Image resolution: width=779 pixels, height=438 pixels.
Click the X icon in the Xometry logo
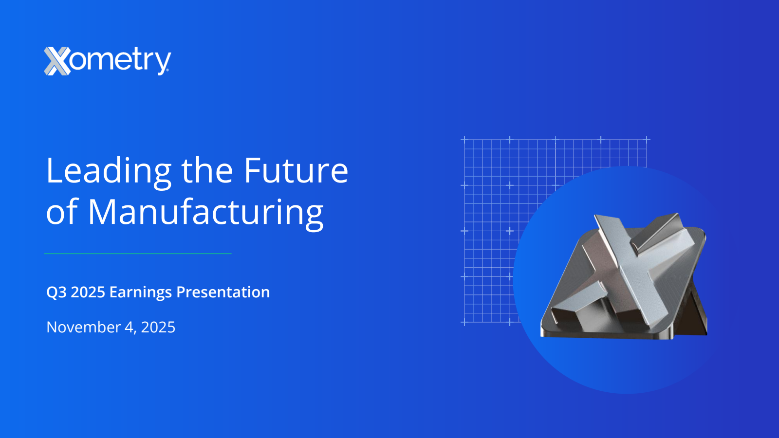tap(57, 61)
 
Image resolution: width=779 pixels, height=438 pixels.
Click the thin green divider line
tap(138, 254)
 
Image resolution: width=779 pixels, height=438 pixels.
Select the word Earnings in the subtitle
tap(141, 292)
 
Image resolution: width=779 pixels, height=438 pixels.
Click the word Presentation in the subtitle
tap(223, 292)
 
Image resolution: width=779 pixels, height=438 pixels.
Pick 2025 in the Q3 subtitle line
tap(88, 292)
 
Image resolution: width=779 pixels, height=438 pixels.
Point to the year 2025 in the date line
tap(158, 327)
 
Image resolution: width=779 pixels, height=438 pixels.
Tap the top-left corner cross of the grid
tap(464, 140)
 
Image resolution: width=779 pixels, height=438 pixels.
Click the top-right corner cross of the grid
tap(647, 140)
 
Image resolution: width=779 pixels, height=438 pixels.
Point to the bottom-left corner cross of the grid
tap(464, 323)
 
